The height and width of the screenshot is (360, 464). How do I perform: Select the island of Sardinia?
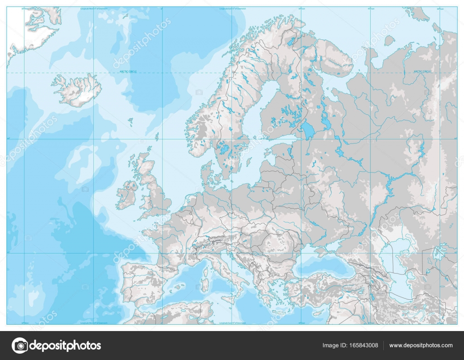point(204,285)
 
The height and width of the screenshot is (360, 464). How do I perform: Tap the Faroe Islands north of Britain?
point(130,121)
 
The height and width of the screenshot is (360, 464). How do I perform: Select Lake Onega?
point(326,120)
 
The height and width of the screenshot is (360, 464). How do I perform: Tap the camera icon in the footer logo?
point(19,346)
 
